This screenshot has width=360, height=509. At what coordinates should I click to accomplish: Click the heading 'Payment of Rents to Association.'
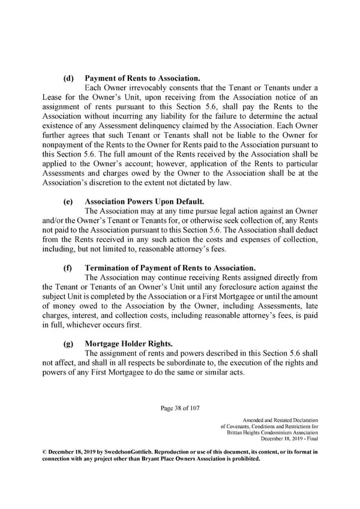tap(143, 79)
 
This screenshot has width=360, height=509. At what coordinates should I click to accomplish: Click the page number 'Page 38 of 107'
tap(180, 409)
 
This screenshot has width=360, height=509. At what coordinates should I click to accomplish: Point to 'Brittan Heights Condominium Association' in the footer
tap(273, 433)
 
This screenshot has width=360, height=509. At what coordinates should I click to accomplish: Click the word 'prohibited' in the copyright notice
tap(245, 459)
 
